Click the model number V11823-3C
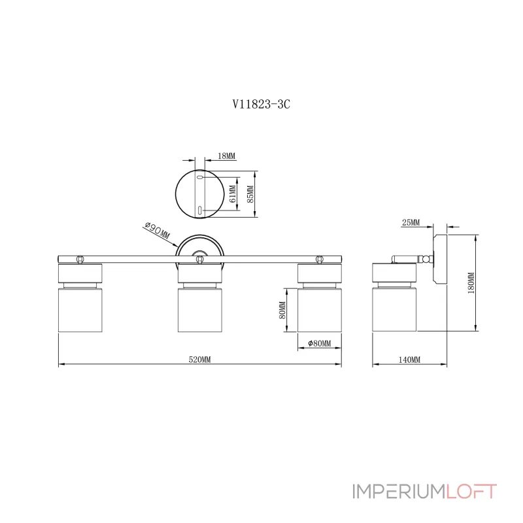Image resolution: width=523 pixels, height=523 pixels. coord(261,103)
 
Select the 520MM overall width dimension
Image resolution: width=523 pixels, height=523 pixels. coord(199,360)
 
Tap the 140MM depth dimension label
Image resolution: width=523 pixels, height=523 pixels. coord(409,360)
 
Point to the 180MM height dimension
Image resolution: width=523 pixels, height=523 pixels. coord(471,282)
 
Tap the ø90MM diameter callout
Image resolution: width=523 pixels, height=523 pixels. coord(157,230)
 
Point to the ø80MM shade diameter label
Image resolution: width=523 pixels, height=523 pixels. coord(319,344)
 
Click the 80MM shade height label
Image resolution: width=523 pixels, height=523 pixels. coord(282,310)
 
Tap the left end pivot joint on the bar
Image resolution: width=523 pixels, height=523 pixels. coord(80,260)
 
